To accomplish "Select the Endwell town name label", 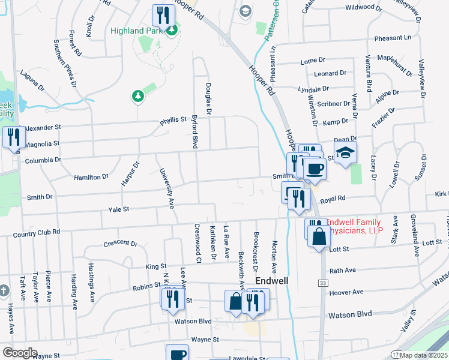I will (273, 280).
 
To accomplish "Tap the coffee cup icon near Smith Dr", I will (314, 168).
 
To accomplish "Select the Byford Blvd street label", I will (194, 132).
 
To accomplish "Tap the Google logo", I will (20, 353).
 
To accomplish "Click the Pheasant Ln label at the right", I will (393, 38).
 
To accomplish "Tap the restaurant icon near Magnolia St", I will (12, 137).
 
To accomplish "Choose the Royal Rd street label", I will (333, 198).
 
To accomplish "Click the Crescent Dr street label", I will (120, 243).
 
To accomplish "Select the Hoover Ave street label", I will (346, 292).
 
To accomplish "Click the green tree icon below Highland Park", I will (138, 95).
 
